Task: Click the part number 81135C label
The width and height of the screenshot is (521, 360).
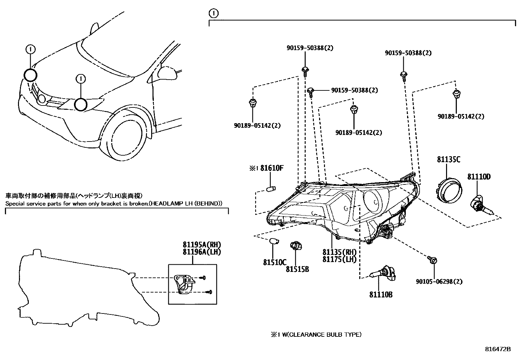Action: pos(448,160)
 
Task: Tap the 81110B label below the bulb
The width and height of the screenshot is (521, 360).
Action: pos(381,294)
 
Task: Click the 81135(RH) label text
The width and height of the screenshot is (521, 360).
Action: pos(339,252)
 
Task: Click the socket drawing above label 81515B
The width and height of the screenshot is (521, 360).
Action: pos(296,246)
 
